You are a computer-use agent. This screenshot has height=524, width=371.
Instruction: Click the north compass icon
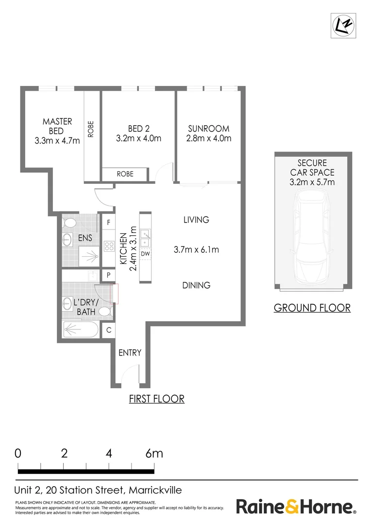point(343,26)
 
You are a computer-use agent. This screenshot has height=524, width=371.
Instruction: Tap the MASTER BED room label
point(57,126)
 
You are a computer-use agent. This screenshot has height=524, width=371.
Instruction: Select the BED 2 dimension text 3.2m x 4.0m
point(138,138)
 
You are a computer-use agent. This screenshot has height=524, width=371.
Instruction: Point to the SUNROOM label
point(209,129)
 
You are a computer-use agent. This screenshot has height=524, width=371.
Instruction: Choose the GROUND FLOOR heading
point(312,308)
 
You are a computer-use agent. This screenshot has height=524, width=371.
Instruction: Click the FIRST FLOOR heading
point(157,399)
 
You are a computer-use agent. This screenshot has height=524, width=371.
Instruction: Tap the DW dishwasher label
point(145,254)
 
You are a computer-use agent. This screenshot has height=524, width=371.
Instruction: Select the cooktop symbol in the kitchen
point(109,246)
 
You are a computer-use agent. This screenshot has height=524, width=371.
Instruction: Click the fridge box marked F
point(108,222)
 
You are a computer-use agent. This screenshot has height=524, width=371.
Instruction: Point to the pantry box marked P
point(108,276)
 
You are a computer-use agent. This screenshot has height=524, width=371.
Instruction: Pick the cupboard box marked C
point(109,330)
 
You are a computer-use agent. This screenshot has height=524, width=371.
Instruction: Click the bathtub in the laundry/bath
point(80,329)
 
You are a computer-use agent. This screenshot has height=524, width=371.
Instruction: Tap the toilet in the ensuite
point(70,223)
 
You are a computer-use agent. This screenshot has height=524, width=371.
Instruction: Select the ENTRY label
point(130,353)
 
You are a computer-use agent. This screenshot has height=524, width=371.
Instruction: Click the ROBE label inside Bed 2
point(125,174)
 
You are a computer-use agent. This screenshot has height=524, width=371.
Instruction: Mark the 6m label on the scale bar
point(154,454)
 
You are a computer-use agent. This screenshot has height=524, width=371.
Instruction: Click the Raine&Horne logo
point(296,507)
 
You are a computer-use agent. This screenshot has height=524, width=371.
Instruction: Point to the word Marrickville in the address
point(155,490)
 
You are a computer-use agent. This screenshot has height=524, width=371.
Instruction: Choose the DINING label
point(196,285)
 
